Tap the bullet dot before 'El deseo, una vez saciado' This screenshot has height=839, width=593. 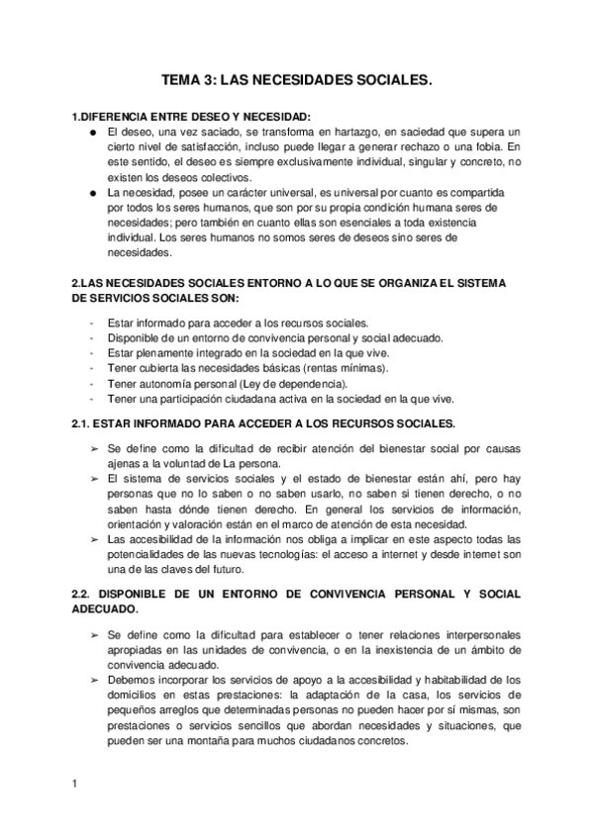tap(91, 132)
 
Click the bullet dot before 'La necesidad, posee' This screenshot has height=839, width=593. tap(91, 192)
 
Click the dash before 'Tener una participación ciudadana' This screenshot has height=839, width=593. tap(91, 399)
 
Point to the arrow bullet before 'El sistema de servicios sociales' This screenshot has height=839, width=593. tap(93, 478)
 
